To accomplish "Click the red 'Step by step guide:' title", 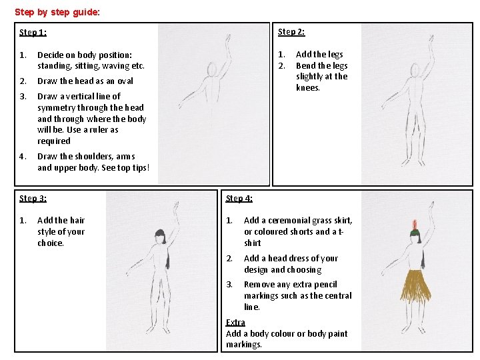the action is point(57,12).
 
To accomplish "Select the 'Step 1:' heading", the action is point(33,33).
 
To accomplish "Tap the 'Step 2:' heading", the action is point(291,32).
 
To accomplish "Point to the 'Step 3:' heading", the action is point(33,199).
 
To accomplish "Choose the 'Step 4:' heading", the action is point(239,199).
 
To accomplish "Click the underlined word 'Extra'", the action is point(235,323).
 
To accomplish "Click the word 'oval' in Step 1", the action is point(125,81).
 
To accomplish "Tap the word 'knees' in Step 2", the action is point(307,88).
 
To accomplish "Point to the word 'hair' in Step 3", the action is point(77,221).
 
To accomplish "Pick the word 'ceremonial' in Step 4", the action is point(289,221).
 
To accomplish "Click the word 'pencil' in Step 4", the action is point(325,285).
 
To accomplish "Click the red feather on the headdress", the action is point(415,225).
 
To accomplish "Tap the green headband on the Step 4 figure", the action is point(415,233).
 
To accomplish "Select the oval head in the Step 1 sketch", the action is point(212,69).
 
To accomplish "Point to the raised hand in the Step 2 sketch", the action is point(431,39).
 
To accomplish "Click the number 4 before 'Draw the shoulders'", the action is point(23,157).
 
